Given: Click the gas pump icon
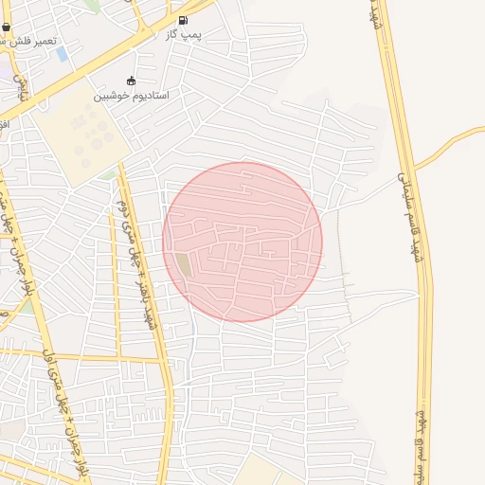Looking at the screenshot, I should (183, 20).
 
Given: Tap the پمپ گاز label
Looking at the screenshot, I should (183, 33).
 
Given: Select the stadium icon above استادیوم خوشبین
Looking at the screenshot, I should (131, 81).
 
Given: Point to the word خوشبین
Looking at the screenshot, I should (110, 96).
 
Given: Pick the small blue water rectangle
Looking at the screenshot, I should (63, 54).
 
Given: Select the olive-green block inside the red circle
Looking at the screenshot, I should (182, 264).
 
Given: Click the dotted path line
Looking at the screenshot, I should (344, 275).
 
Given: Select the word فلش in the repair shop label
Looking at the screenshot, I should (21, 42).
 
